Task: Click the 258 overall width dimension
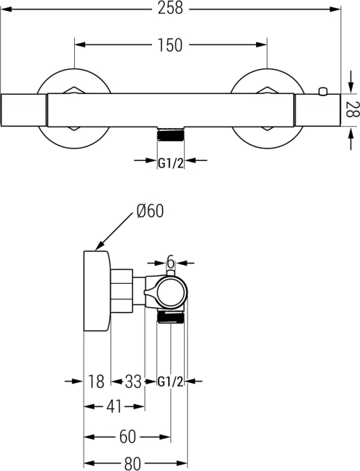click(x=170, y=8)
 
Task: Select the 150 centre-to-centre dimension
click(x=170, y=45)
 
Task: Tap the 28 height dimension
click(x=352, y=110)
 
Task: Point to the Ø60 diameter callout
click(x=150, y=210)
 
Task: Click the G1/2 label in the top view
click(x=170, y=163)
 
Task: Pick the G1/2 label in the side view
click(x=170, y=381)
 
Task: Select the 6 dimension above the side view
click(x=170, y=263)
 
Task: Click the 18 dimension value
click(x=96, y=381)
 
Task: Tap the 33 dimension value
click(x=133, y=381)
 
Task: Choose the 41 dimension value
click(x=114, y=406)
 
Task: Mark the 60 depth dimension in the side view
click(x=127, y=437)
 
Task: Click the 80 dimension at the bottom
click(x=132, y=463)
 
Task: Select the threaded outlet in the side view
click(x=171, y=317)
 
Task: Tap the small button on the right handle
click(x=323, y=91)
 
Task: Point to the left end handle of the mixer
click(x=24, y=110)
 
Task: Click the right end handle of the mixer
click(x=318, y=110)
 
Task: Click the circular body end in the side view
click(x=172, y=291)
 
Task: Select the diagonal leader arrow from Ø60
click(x=114, y=231)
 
